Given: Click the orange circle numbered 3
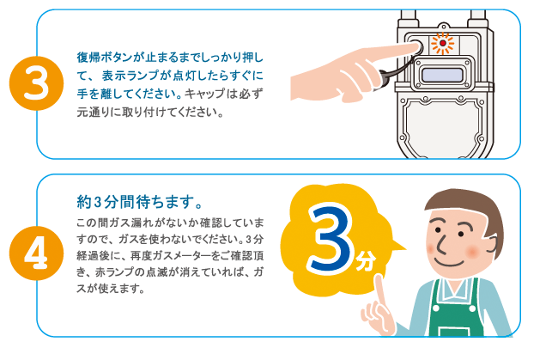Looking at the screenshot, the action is (x=36, y=83).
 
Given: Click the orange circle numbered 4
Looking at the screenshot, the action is (x=36, y=253).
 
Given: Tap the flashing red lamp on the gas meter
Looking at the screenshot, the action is (x=443, y=43).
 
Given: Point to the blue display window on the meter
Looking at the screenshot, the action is (x=442, y=75).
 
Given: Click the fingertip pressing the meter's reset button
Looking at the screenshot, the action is (x=417, y=46).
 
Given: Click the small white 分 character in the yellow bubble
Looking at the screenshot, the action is (x=366, y=260).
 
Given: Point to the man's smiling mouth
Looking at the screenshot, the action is (x=450, y=263).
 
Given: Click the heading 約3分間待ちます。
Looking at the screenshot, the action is (x=140, y=202).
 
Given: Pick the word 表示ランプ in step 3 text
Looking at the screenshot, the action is (x=131, y=76).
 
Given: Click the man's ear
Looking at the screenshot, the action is (x=492, y=246).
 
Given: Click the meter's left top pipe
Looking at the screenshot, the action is (x=409, y=17).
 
